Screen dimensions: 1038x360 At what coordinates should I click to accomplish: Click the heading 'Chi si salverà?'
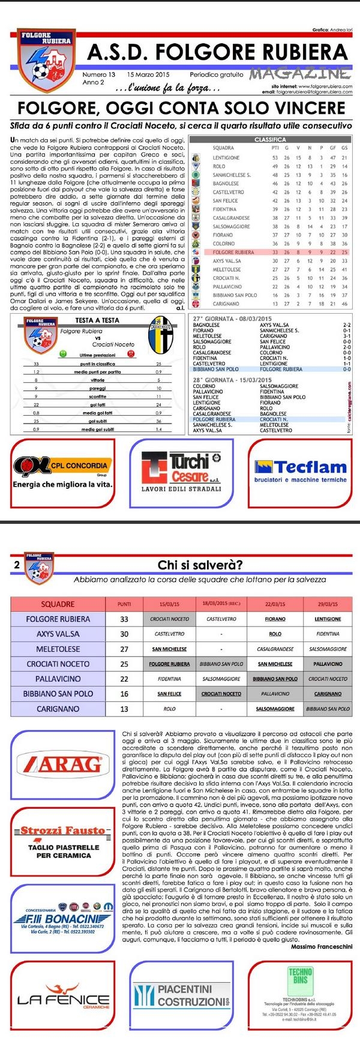click(x=200, y=565)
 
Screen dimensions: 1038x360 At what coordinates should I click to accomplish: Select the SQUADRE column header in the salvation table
click(x=58, y=604)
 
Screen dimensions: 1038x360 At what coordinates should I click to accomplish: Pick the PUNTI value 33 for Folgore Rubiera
click(x=124, y=619)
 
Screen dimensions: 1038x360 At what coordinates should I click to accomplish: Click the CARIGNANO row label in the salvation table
click(x=58, y=709)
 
